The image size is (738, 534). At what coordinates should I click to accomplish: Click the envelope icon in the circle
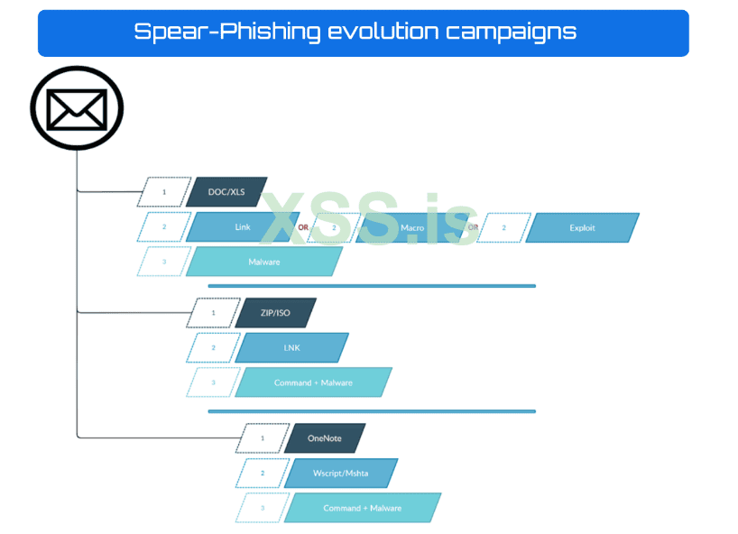[77, 108]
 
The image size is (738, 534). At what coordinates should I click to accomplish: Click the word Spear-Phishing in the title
[226, 32]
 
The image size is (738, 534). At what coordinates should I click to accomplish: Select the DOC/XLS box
[226, 192]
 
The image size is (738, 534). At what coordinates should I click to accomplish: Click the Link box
[242, 227]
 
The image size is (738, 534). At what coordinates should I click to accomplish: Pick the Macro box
[411, 227]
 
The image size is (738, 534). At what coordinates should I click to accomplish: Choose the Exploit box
[582, 227]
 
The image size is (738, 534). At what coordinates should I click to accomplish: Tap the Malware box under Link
[263, 262]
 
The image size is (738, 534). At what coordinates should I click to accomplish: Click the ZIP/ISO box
[275, 313]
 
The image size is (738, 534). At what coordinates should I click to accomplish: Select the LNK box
[291, 347]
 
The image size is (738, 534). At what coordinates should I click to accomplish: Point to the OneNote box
[324, 438]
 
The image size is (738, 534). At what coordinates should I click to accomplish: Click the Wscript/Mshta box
[340, 473]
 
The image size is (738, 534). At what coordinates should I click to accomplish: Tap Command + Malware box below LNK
[313, 382]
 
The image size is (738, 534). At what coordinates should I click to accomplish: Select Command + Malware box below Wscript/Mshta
[362, 508]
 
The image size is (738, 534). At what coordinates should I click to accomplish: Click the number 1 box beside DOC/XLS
[164, 192]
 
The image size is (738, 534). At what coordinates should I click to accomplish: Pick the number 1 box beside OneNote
[263, 438]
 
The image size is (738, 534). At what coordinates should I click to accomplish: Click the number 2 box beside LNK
[213, 347]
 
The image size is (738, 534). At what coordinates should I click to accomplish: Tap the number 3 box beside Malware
[164, 262]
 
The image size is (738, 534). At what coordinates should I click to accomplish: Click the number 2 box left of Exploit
[503, 227]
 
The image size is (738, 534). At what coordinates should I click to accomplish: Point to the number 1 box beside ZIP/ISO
[213, 313]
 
